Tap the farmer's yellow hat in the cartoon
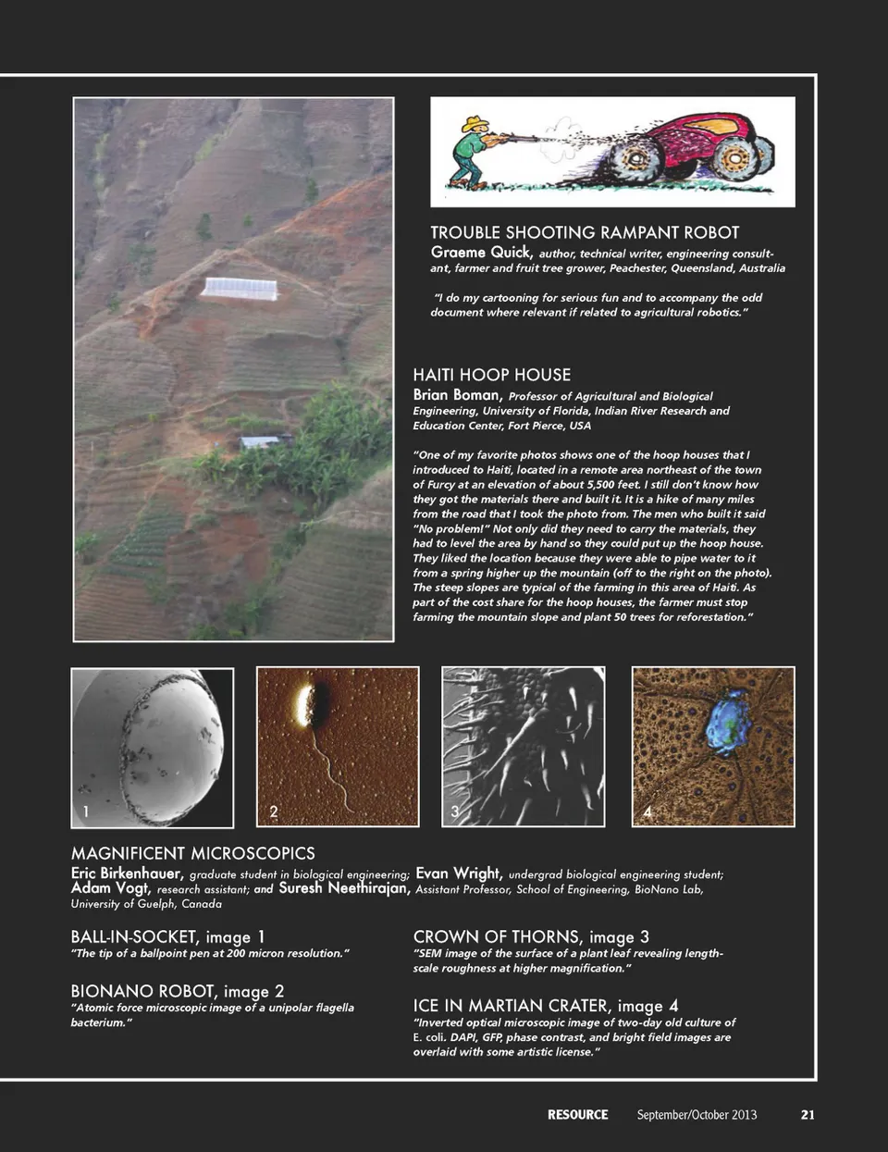click(x=475, y=122)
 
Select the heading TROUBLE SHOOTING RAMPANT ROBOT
click(x=585, y=232)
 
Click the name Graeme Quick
click(x=481, y=252)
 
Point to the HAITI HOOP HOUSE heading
click(x=491, y=375)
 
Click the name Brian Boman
click(x=457, y=394)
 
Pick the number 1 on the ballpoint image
click(x=85, y=811)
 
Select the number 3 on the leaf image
click(x=454, y=811)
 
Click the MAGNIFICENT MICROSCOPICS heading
click(x=192, y=853)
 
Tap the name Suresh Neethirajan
click(x=344, y=888)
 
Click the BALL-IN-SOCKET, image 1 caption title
click(x=167, y=936)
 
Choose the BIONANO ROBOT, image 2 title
click(x=177, y=991)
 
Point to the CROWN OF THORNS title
click(x=531, y=936)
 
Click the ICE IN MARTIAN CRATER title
click(x=545, y=1005)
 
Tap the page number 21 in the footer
click(x=808, y=1114)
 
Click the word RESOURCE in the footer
click(x=577, y=1114)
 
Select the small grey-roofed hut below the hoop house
click(x=261, y=442)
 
